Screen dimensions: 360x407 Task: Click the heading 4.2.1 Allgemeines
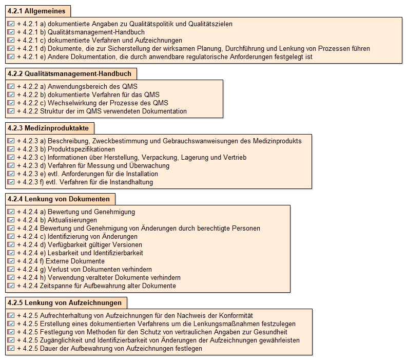tap(37, 11)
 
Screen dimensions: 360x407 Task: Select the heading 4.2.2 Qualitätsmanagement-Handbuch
tap(69, 74)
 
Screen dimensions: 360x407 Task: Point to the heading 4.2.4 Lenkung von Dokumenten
tap(59, 199)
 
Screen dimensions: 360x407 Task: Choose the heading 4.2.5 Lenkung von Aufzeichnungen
tap(64, 302)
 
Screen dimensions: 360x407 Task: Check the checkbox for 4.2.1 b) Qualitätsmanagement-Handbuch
tap(11, 32)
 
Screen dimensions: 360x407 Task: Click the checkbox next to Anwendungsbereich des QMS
tap(11, 86)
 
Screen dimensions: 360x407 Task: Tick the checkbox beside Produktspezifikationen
tap(11, 149)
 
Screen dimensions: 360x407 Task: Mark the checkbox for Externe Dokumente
tap(11, 261)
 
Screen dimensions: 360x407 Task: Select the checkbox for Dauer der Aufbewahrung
tap(11, 348)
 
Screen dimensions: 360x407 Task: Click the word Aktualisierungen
tap(73, 220)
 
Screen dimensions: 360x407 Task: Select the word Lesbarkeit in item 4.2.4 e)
tap(64, 253)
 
